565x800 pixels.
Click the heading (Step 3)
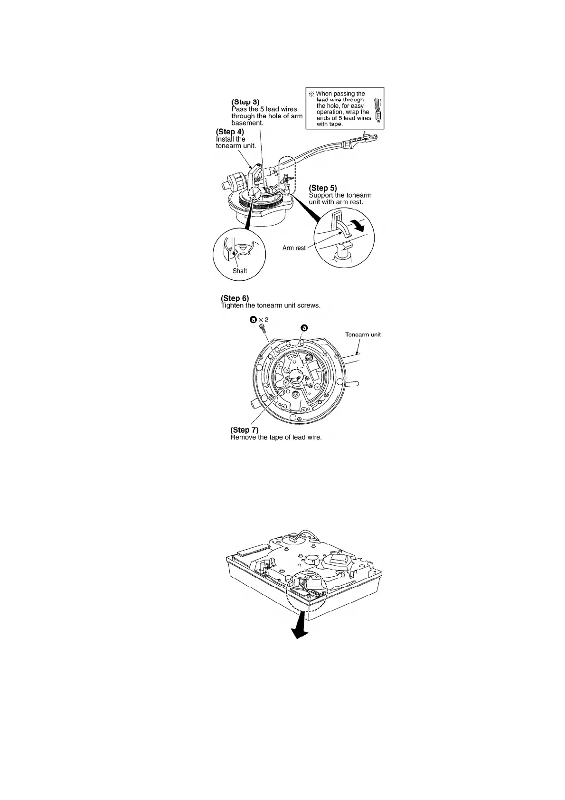[245, 102]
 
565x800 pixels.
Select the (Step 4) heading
[230, 132]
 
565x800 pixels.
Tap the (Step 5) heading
[323, 188]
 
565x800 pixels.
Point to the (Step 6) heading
[235, 298]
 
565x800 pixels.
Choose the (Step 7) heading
[244, 430]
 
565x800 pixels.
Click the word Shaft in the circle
[240, 271]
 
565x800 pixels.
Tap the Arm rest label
[294, 248]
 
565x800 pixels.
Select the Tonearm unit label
[363, 334]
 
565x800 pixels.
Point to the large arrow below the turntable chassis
[298, 630]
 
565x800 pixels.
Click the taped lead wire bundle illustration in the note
[377, 111]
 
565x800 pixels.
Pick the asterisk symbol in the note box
[311, 94]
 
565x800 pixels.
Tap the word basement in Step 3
[247, 123]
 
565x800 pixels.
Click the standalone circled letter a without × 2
[304, 327]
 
